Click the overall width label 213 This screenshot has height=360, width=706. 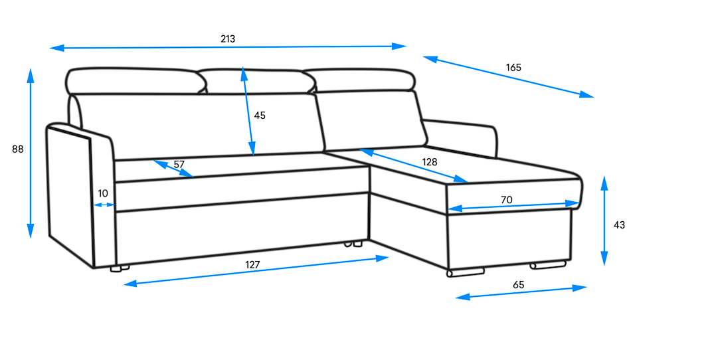(x=228, y=39)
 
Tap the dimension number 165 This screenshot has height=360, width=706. (x=513, y=67)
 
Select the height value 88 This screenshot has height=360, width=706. (x=18, y=149)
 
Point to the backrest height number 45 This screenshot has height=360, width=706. (x=260, y=115)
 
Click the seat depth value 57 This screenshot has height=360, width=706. (x=179, y=164)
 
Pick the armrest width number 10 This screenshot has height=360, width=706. (x=103, y=193)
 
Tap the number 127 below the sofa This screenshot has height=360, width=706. (x=252, y=264)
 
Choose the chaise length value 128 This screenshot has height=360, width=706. (x=430, y=161)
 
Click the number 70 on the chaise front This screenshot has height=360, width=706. (x=507, y=199)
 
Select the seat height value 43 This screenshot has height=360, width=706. (x=619, y=225)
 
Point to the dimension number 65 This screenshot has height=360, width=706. (x=519, y=284)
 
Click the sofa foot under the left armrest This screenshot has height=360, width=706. (x=120, y=269)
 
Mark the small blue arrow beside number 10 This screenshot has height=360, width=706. (x=104, y=205)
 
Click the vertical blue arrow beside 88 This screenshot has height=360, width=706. (x=31, y=153)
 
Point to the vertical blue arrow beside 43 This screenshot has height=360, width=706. (x=604, y=221)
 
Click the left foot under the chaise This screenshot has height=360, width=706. (x=466, y=271)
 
